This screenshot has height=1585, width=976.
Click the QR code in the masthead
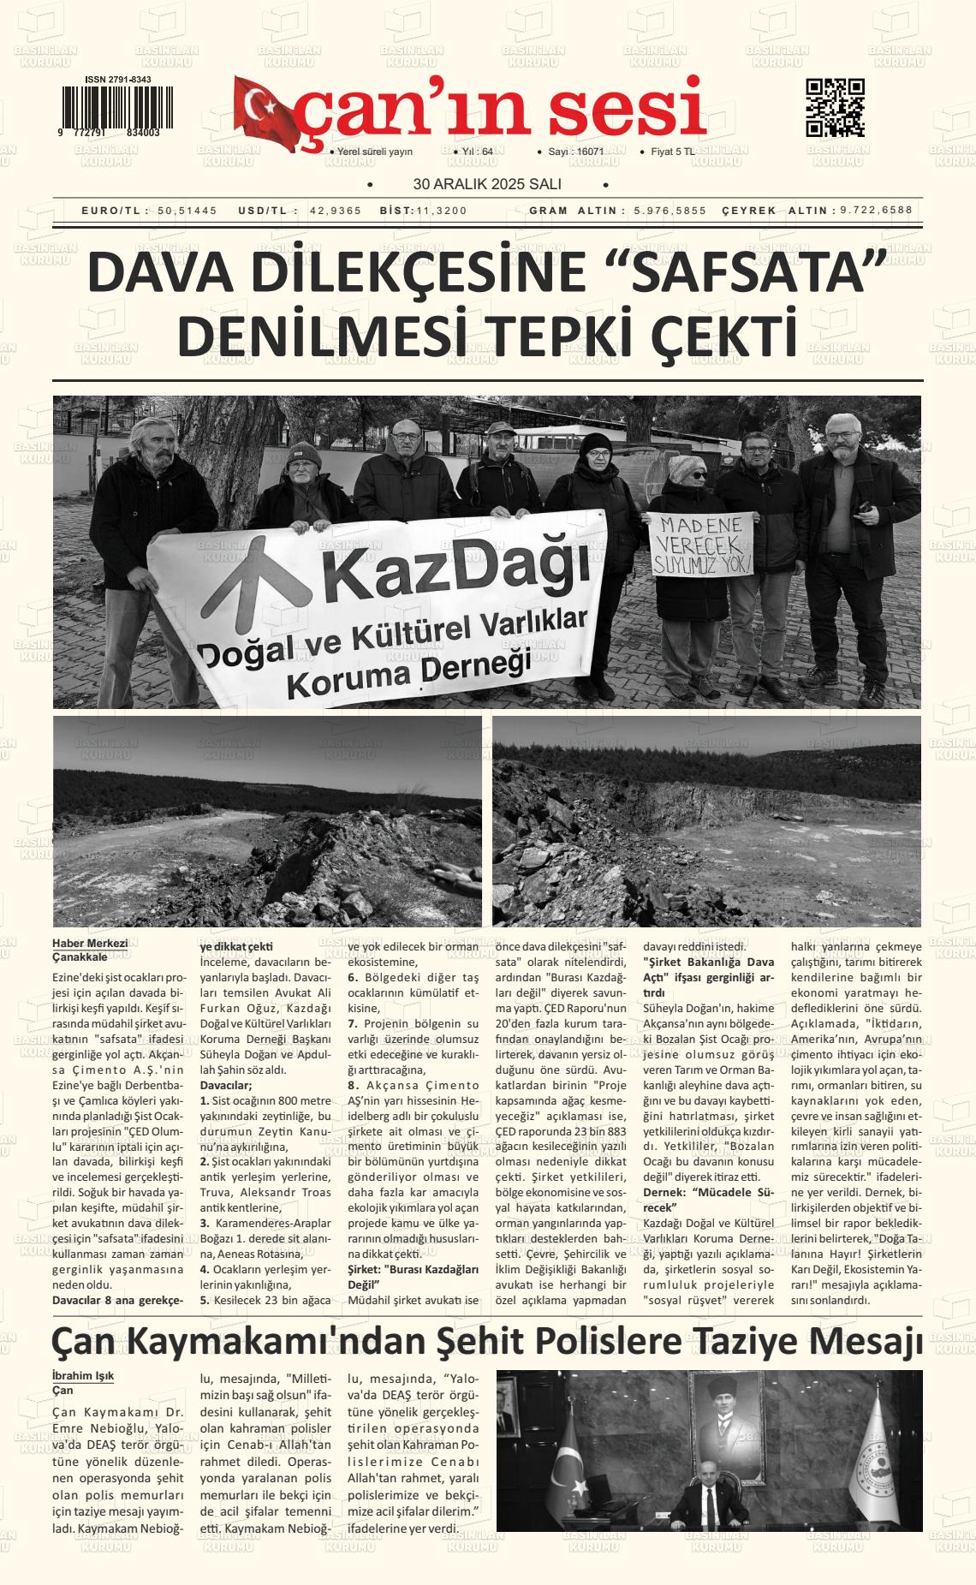835,108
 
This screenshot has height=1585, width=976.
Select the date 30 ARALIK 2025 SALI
486,184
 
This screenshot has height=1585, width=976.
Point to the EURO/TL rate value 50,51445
187,211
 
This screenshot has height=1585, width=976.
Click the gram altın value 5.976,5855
670,211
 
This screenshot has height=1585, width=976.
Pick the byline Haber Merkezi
90,943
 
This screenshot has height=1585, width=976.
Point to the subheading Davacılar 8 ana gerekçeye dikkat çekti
117,1300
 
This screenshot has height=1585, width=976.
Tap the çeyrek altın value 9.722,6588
876,211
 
